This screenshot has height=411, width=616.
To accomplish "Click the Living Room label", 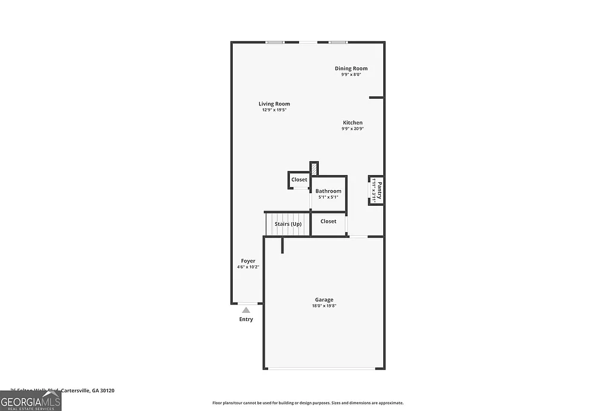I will (274, 104).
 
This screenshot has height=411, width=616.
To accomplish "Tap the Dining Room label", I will (351, 69).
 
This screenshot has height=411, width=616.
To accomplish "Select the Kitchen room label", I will (353, 123).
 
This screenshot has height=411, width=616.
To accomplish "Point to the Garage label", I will (324, 300).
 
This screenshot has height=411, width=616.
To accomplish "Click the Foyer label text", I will (248, 261).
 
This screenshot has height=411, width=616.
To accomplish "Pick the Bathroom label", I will (328, 191).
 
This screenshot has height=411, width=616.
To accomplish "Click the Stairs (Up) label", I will (288, 224).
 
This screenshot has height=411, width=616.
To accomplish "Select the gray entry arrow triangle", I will (246, 310).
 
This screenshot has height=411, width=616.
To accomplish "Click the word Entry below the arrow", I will (246, 320).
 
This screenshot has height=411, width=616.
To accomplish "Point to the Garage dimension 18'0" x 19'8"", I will (324, 306).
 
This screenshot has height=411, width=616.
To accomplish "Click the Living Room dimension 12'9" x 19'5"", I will (274, 110).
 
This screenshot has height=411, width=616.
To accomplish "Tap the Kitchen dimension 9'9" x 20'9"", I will (353, 128).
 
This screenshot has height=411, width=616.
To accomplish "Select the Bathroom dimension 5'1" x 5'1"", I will (328, 197).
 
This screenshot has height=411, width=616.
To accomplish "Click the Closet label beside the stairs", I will (328, 221).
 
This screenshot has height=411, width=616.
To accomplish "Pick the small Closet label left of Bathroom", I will (299, 180).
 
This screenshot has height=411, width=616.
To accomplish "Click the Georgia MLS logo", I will (31, 401).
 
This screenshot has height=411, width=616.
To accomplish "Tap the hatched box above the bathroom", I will (313, 169).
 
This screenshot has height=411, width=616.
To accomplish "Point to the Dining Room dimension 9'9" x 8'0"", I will (351, 75).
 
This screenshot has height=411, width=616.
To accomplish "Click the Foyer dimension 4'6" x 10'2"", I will (248, 267).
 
